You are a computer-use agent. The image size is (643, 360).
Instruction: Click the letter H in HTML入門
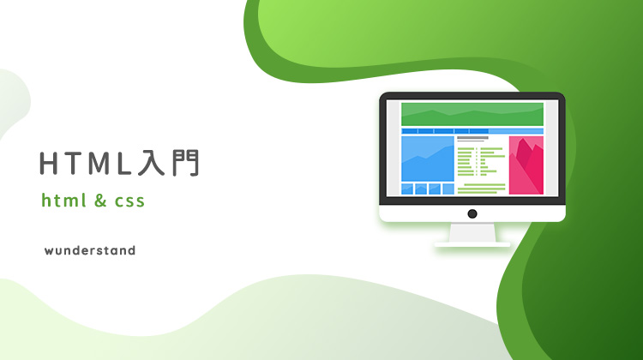click(x=48, y=163)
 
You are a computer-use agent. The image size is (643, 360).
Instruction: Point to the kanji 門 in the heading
click(x=186, y=163)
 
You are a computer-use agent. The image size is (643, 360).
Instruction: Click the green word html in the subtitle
click(x=64, y=201)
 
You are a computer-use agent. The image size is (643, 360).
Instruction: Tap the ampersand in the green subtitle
click(x=100, y=201)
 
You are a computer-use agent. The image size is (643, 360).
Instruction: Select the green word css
click(x=129, y=201)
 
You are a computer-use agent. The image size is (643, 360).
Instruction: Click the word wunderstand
click(x=90, y=250)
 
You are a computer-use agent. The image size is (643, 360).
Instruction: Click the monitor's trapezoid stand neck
click(x=472, y=232)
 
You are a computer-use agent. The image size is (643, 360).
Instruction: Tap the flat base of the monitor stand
click(x=472, y=244)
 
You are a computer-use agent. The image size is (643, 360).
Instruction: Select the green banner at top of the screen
click(x=472, y=114)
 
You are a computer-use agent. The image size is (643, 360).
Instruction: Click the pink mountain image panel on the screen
click(x=526, y=165)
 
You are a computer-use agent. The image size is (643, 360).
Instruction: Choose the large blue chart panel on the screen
click(x=428, y=159)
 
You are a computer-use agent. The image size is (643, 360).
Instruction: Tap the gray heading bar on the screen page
click(x=472, y=138)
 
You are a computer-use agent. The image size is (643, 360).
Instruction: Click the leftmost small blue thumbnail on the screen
click(x=407, y=189)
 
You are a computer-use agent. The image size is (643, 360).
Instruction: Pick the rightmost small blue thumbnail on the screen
click(x=448, y=189)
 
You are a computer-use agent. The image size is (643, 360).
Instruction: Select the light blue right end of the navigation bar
click(x=516, y=131)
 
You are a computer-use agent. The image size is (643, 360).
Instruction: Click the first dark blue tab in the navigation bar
click(x=409, y=131)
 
